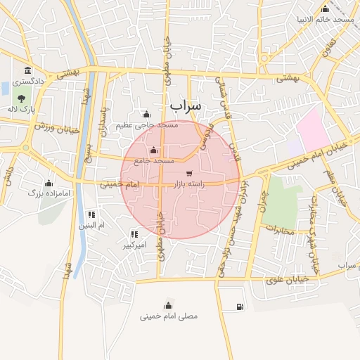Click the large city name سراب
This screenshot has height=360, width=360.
(x=185, y=105)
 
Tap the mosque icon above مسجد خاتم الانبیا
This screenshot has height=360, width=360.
(x=325, y=9)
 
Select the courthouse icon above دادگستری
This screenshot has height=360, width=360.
(x=27, y=71)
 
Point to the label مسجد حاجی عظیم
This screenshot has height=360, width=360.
(x=146, y=124)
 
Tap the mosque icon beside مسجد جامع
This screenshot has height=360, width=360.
(x=154, y=150)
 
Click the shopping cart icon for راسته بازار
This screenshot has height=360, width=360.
(x=188, y=173)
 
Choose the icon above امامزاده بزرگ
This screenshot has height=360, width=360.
(x=49, y=184)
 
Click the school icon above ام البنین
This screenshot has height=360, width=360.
(x=91, y=214)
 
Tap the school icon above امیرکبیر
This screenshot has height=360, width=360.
(x=134, y=234)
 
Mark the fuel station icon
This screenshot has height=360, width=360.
(x=240, y=306)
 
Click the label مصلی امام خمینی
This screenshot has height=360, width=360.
(x=169, y=316)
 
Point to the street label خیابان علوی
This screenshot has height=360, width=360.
(x=285, y=279)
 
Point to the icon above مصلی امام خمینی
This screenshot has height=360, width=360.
(x=168, y=304)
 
